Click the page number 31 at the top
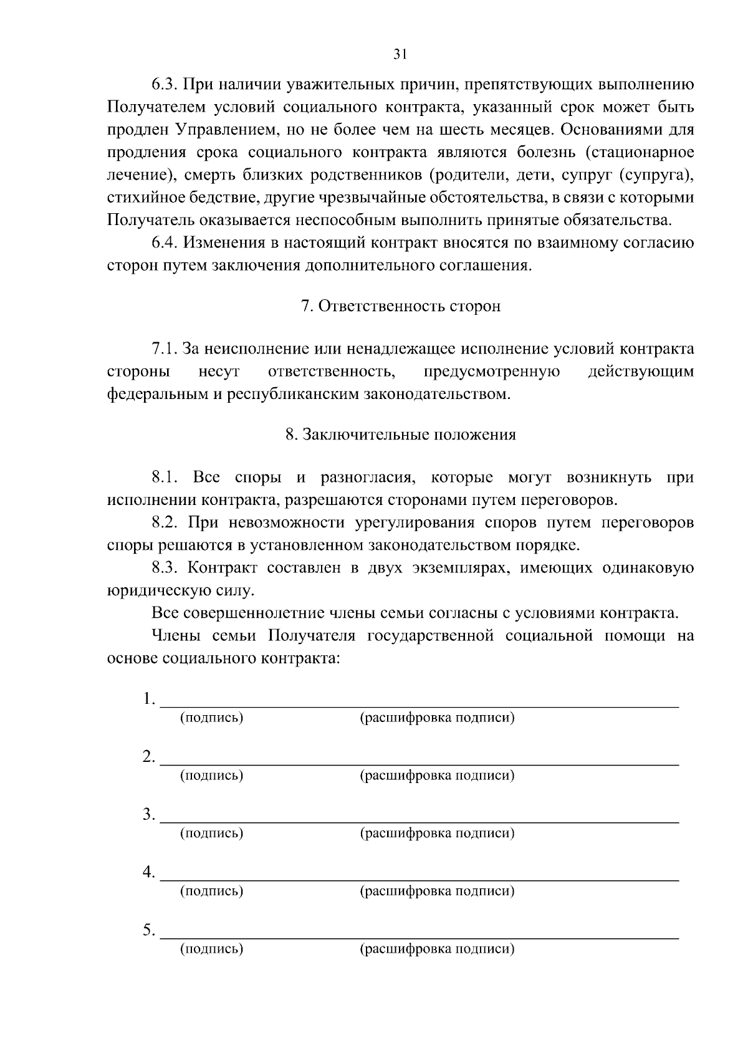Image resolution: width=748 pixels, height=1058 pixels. pyautogui.click(x=400, y=55)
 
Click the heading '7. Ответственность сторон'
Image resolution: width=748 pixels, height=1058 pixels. pyautogui.click(x=401, y=307)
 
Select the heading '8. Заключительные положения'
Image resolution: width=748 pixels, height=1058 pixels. pyautogui.click(x=401, y=435)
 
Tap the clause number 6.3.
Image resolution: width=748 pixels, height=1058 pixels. pyautogui.click(x=164, y=85)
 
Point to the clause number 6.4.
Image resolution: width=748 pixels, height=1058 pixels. pyautogui.click(x=164, y=243)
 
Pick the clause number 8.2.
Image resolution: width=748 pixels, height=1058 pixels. pyautogui.click(x=164, y=522)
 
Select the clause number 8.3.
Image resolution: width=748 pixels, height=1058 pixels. pyautogui.click(x=164, y=568)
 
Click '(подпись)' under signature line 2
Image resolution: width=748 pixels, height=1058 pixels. pyautogui.click(x=211, y=776)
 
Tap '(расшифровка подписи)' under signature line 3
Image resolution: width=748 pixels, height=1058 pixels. pyautogui.click(x=438, y=833)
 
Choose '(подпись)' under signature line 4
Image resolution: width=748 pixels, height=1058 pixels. pyautogui.click(x=211, y=891)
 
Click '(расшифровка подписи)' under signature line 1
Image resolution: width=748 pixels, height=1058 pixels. pyautogui.click(x=438, y=718)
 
